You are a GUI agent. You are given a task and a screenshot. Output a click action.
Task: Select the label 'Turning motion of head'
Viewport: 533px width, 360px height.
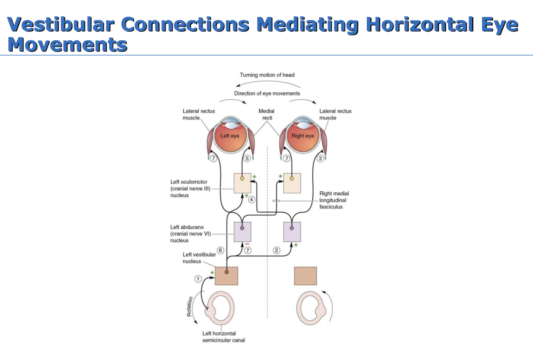point(267,75)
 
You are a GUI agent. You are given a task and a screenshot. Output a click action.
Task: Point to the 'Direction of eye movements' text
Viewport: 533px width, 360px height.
point(267,93)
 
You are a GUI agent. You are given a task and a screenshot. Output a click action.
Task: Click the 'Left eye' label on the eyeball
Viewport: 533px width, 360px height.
point(230,136)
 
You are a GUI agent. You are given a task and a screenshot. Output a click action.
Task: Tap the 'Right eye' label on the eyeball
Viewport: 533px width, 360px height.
point(303,136)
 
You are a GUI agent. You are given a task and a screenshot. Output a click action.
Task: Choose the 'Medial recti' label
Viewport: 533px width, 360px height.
point(266,114)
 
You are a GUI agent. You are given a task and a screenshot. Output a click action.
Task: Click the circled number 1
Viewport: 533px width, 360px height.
point(198,279)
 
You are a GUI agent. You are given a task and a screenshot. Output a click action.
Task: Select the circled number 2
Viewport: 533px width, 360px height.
point(276,250)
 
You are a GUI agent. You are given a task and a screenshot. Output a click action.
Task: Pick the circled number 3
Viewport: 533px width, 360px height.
point(320,159)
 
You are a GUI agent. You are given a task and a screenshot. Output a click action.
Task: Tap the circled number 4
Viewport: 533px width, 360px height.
point(252,199)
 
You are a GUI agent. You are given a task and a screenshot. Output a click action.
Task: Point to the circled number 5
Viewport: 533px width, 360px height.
point(247,159)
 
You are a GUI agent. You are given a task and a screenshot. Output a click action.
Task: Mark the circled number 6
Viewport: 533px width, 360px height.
point(221,250)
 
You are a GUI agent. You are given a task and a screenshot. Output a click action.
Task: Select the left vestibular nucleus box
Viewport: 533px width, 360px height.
point(227,276)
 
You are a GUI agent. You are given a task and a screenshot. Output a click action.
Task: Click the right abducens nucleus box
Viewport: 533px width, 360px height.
point(292,232)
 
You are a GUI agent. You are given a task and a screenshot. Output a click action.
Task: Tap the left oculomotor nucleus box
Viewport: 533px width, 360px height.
point(243,183)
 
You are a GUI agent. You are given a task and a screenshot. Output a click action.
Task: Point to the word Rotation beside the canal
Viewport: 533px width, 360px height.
point(190,306)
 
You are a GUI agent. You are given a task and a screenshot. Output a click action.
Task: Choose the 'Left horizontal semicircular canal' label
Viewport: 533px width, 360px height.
point(223,337)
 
